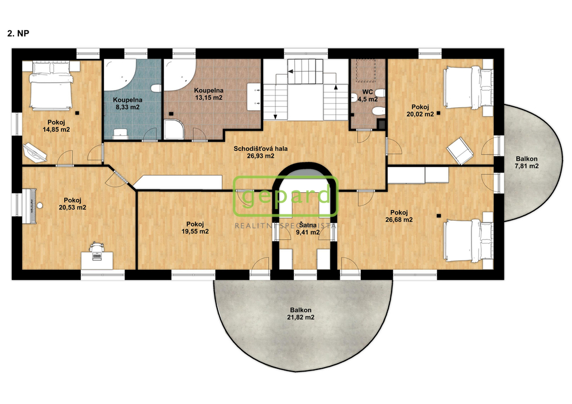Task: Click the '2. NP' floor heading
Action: click(18, 33)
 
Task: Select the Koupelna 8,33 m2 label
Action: click(127, 103)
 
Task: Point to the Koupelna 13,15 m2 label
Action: click(209, 94)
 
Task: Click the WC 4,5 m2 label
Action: click(368, 96)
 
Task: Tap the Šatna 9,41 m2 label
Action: click(308, 229)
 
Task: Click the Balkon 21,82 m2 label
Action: click(301, 313)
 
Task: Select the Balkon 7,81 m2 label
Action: click(526, 163)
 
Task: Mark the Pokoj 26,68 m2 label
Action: click(399, 216)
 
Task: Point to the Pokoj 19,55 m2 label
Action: click(195, 228)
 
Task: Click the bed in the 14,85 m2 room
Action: click(51, 85)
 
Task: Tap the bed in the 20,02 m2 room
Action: click(468, 87)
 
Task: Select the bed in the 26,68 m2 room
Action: click(468, 240)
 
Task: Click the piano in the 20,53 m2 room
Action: click(31, 206)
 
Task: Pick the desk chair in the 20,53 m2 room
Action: click(96, 246)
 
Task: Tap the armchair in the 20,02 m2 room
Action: click(460, 150)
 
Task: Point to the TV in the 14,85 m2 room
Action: click(34, 153)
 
